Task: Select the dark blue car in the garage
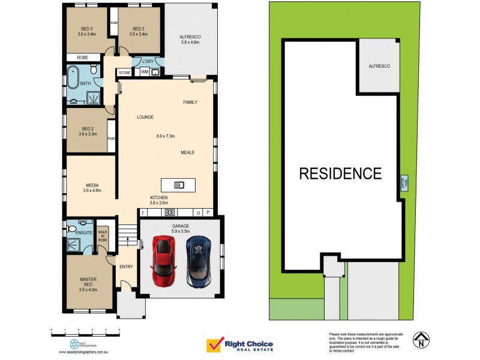[x=198, y=261]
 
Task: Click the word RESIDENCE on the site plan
[x=340, y=174]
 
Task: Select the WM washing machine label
[x=145, y=72]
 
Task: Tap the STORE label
[x=125, y=73]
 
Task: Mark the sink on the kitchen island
[x=179, y=184]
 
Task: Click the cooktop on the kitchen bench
[x=170, y=212]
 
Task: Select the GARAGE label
[x=180, y=226]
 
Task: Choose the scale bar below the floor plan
[x=85, y=331]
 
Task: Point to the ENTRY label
[x=126, y=266]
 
